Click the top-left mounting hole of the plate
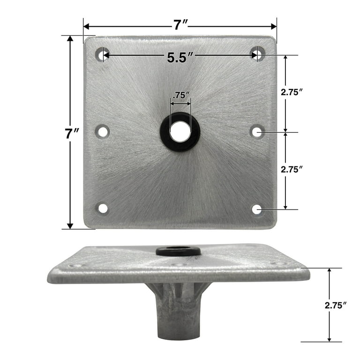[102, 54]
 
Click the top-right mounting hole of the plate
[257, 54]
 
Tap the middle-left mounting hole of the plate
[102, 131]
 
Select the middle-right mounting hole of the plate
[257, 132]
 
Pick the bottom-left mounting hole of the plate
[102, 208]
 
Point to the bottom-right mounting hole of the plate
[257, 209]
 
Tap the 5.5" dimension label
[180, 57]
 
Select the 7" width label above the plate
[180, 24]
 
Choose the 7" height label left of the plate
[71, 133]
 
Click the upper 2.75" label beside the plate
[291, 92]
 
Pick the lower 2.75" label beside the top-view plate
[291, 170]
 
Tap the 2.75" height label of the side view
[335, 305]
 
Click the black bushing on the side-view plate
[178, 251]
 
